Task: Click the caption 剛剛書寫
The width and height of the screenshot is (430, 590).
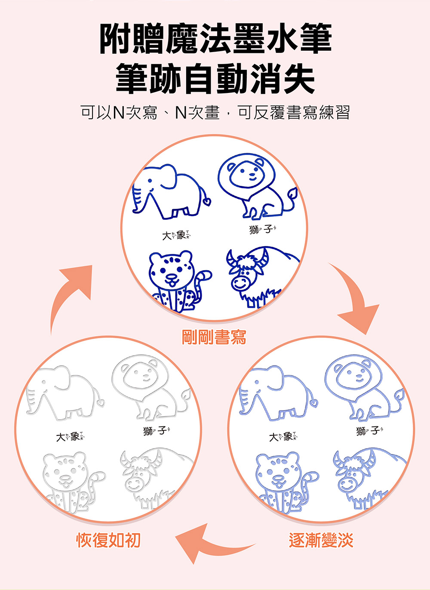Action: pyautogui.click(x=214, y=337)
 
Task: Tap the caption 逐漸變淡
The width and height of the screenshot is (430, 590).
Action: pyautogui.click(x=321, y=540)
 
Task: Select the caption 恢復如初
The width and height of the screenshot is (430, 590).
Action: pyautogui.click(x=108, y=540)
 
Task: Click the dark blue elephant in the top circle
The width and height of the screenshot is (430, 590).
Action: pyautogui.click(x=170, y=192)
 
